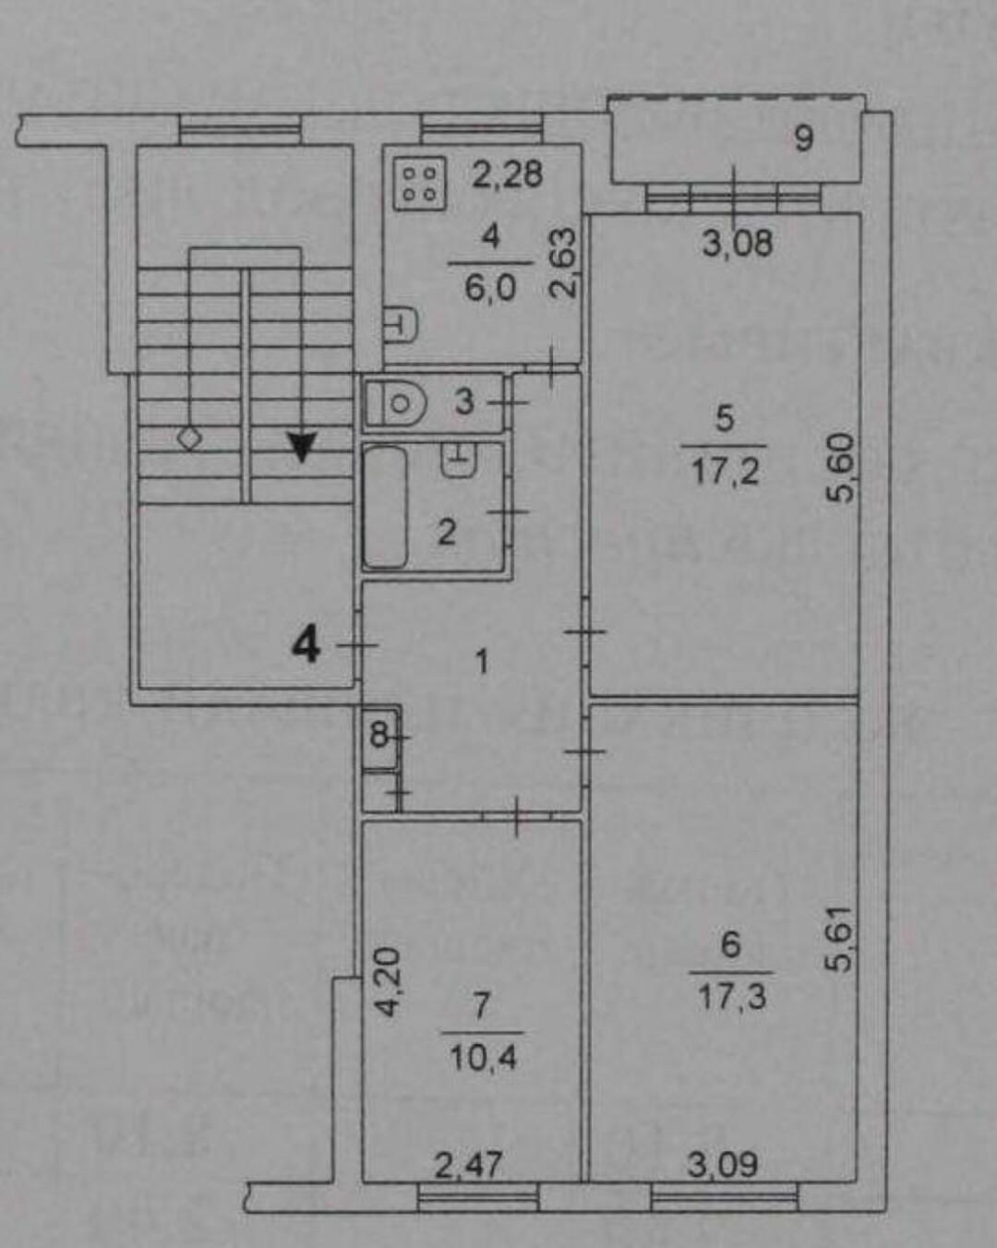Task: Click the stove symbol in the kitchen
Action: click(x=420, y=184)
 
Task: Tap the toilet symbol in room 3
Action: click(x=396, y=403)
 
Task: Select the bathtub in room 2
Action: click(x=385, y=506)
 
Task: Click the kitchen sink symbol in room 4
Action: click(x=401, y=324)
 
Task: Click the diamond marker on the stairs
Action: click(x=189, y=438)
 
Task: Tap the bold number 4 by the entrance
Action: click(x=306, y=645)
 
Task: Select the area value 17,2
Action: click(x=725, y=473)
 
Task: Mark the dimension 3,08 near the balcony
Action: click(x=738, y=244)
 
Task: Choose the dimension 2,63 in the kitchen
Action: click(x=563, y=262)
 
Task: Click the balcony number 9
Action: click(x=804, y=139)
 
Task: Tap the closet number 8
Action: click(x=378, y=738)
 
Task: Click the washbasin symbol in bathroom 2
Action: click(x=460, y=460)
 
